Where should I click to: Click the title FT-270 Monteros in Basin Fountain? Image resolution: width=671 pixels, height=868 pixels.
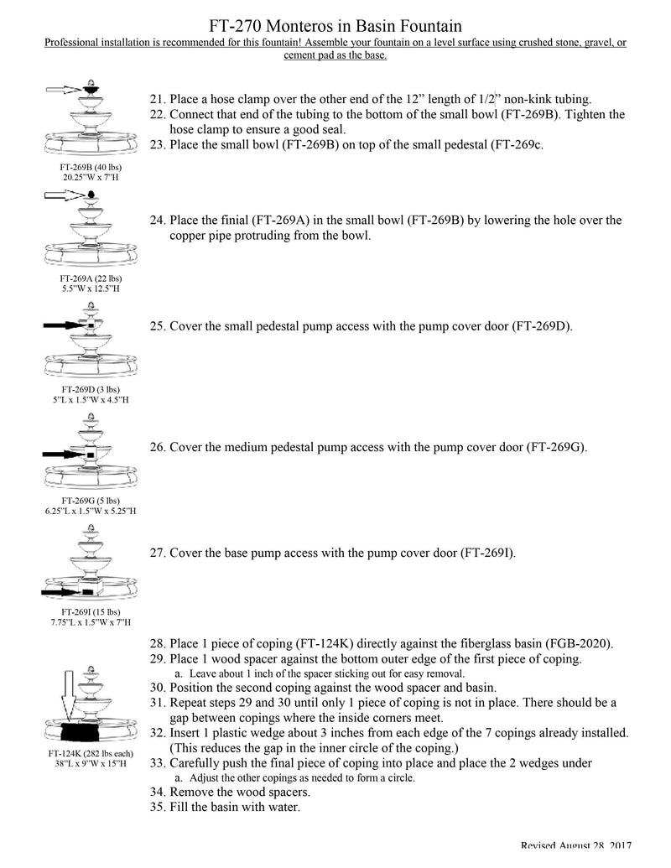point(335,28)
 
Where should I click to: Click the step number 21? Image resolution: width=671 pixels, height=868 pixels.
point(157,99)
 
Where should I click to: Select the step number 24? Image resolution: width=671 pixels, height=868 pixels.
point(157,221)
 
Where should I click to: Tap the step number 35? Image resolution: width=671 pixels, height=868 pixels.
point(157,808)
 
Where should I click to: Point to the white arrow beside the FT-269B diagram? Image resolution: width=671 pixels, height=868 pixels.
point(64,88)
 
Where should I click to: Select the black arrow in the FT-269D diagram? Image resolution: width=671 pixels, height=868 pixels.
point(63,324)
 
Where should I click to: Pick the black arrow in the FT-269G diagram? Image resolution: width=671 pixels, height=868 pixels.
point(65,453)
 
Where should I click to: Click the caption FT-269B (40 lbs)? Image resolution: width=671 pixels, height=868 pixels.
point(90,167)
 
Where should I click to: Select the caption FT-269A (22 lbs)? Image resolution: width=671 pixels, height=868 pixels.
point(90,278)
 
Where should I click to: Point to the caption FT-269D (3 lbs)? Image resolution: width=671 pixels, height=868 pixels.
point(90,390)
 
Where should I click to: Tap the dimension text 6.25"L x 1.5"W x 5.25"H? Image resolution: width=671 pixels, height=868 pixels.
point(90,511)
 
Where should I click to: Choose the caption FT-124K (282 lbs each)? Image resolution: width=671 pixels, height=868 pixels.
point(90,753)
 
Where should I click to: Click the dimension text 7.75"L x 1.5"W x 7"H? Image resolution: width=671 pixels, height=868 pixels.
point(90,622)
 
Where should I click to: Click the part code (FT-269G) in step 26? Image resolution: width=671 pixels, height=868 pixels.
point(555,447)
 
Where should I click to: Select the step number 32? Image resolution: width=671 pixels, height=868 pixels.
point(157,733)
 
